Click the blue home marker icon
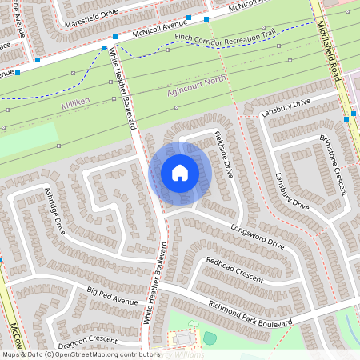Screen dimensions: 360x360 (x=180, y=173)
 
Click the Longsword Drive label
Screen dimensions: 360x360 (x=257, y=237)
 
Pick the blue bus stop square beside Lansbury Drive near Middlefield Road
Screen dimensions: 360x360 (x=346, y=118)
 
